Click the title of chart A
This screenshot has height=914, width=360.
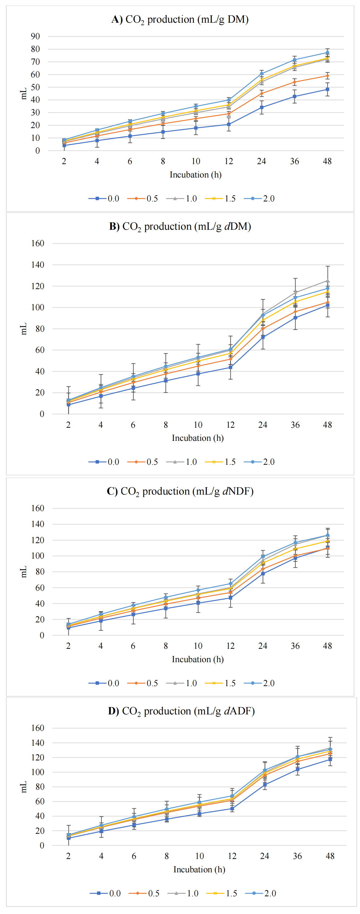[x=180, y=20]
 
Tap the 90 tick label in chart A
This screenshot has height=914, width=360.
[x=35, y=36]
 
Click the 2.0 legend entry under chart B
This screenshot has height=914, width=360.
[x=260, y=462]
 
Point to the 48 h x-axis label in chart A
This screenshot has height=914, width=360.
[x=327, y=161]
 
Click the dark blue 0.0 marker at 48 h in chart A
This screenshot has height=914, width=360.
[x=327, y=90]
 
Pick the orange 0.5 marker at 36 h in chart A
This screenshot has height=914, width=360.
[x=294, y=82]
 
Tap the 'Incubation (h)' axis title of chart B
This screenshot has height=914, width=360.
[x=197, y=438]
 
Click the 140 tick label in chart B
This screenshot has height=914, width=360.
[x=38, y=265]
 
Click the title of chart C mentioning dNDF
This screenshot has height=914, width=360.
[x=180, y=492]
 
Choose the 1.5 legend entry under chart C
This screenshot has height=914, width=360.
[x=221, y=683]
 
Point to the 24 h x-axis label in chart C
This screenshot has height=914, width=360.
[x=262, y=646]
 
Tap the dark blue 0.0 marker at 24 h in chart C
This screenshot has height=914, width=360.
[x=263, y=573]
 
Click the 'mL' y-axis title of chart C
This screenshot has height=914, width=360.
[x=23, y=572]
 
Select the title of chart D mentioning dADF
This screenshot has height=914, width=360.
[x=181, y=711]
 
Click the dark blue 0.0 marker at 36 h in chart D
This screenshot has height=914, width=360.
[x=297, y=769]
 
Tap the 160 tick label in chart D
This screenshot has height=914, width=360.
[x=38, y=728]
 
